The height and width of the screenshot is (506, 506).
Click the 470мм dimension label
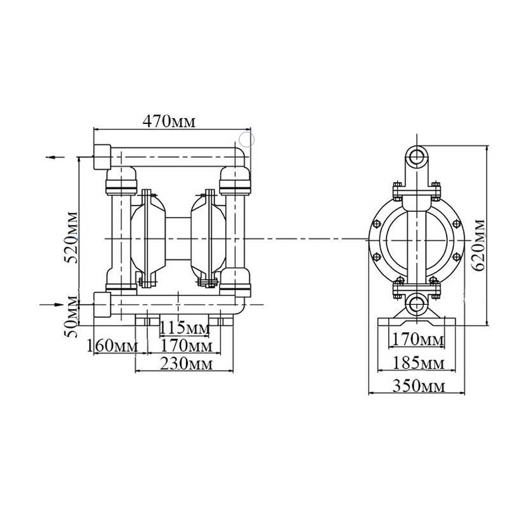170,121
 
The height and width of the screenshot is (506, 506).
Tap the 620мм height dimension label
479,243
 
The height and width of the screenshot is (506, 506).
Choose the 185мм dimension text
417,363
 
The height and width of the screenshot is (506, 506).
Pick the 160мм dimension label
112,346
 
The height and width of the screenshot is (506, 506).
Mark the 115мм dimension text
183,328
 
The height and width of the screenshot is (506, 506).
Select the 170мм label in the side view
417,340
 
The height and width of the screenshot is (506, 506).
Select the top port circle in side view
416,156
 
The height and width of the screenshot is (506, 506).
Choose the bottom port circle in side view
416,304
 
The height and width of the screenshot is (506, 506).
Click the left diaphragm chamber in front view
147,237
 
